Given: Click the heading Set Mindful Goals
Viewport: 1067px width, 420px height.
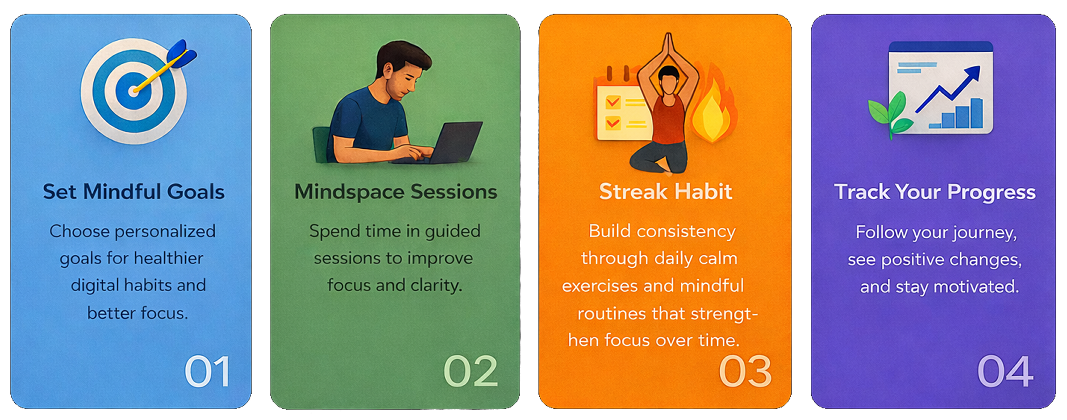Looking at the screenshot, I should tap(134, 192).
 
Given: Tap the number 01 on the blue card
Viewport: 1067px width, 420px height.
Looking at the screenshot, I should tap(207, 372).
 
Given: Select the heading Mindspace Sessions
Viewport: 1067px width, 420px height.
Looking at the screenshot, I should tap(395, 192).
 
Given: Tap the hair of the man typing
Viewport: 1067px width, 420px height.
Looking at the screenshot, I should tap(404, 56).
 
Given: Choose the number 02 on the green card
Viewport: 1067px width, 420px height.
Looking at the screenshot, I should tap(470, 372).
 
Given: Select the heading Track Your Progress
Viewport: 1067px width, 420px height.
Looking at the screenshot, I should tap(935, 192).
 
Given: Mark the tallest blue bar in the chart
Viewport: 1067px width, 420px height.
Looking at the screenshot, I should tap(977, 113).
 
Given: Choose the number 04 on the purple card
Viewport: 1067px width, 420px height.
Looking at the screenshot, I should tap(1005, 372).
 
